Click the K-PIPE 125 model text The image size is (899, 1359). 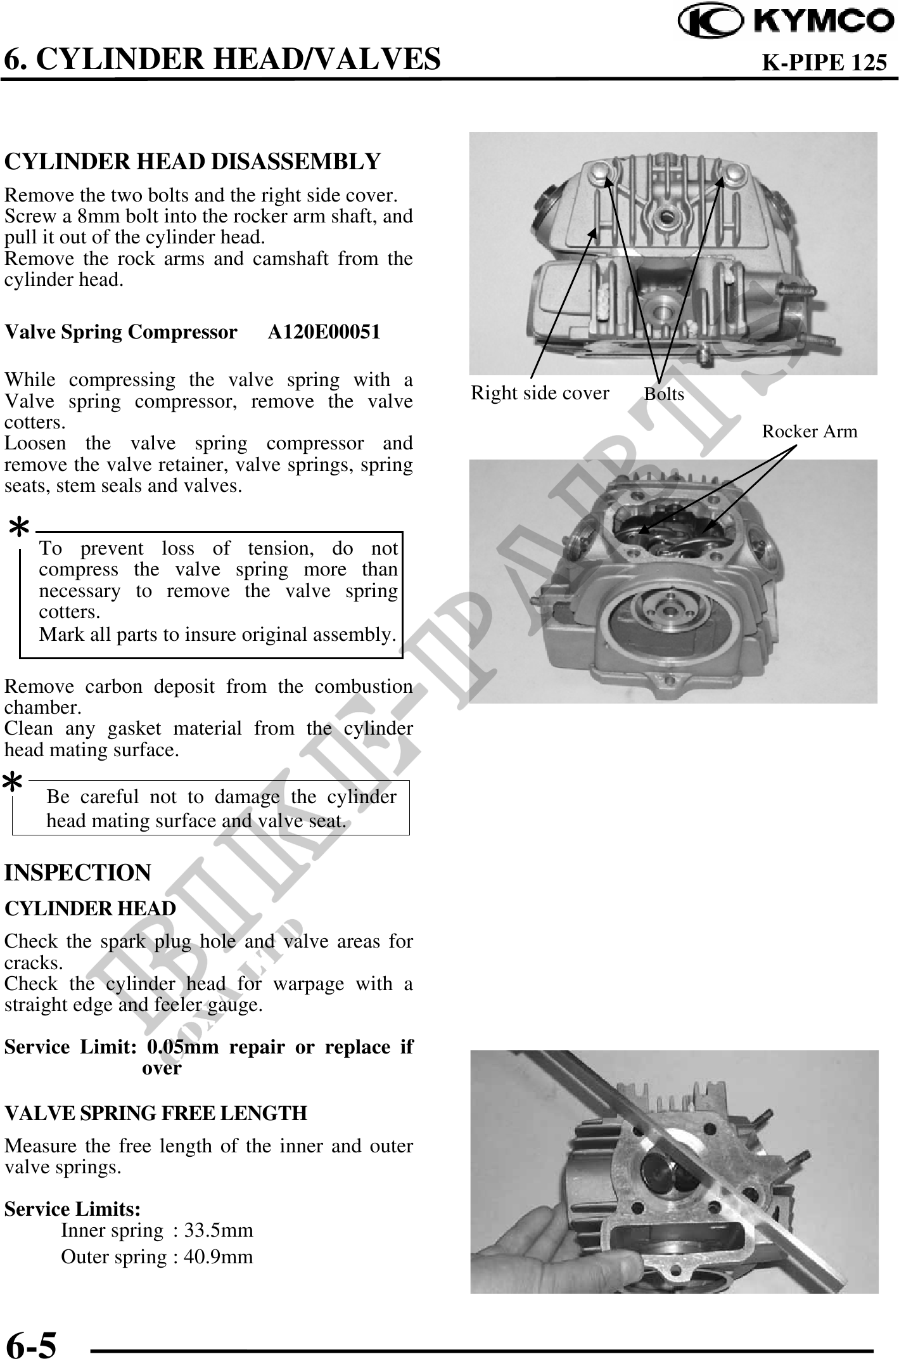pyautogui.click(x=823, y=63)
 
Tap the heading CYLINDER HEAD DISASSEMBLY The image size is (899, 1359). pyautogui.click(x=193, y=162)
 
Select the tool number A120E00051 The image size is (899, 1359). pyautogui.click(x=324, y=332)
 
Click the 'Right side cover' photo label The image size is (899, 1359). pyautogui.click(x=539, y=394)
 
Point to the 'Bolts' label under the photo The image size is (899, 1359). pyautogui.click(x=664, y=394)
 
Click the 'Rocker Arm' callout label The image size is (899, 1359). pyautogui.click(x=809, y=432)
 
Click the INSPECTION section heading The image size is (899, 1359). pyautogui.click(x=78, y=873)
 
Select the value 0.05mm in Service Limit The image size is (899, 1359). pyautogui.click(x=183, y=1047)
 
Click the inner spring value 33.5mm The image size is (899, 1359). pyautogui.click(x=219, y=1230)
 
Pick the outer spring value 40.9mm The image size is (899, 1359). pyautogui.click(x=219, y=1256)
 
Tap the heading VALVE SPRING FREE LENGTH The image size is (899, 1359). pyautogui.click(x=156, y=1113)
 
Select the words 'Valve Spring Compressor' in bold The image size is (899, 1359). pyautogui.click(x=121, y=332)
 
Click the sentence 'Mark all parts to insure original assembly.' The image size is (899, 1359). pyautogui.click(x=217, y=634)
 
